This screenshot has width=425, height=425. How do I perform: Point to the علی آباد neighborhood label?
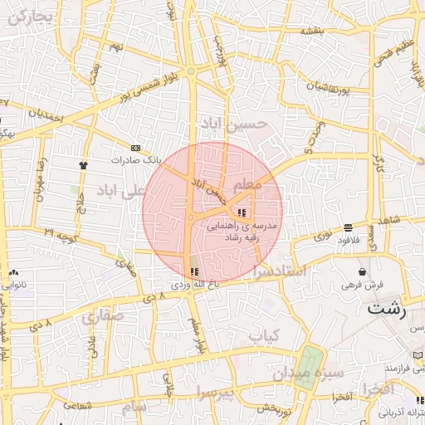tap(120, 192)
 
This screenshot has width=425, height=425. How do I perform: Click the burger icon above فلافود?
tap(347, 227)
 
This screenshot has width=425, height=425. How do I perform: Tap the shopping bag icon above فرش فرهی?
tap(363, 271)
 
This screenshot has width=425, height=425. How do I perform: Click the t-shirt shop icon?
tap(83, 164)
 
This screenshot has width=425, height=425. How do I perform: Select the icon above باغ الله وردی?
tap(195, 271)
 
